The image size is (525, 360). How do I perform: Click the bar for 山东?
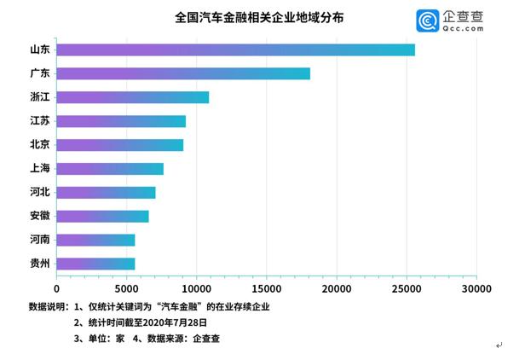tap(235, 49)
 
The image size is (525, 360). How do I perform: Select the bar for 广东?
tap(183, 73)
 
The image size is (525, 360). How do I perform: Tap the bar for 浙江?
tap(132, 97)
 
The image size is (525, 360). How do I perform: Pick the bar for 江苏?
tap(121, 121)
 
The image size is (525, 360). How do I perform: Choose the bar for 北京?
tap(119, 145)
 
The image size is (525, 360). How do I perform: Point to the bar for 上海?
tap(110, 169)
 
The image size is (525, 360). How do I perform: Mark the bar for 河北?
tap(106, 192)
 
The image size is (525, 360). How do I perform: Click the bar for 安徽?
tap(102, 216)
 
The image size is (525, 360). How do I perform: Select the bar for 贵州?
tap(95, 264)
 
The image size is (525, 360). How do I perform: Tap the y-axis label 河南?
tap(39, 240)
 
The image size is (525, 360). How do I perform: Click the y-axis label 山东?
tap(39, 49)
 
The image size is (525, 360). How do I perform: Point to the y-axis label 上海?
tap(39, 169)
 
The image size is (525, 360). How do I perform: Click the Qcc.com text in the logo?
tap(463, 28)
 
